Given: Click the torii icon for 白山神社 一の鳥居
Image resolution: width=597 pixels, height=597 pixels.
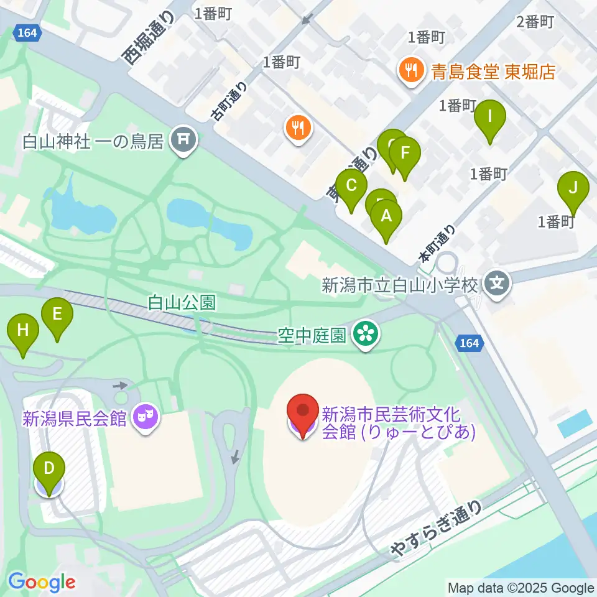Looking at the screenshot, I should tap(183, 142).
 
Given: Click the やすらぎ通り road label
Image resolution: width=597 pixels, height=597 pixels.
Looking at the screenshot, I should tap(436, 529).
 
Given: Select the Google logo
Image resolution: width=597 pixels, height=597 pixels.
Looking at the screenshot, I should tap(42, 582).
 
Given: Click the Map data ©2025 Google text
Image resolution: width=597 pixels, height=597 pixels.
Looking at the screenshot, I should tap(521, 588).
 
